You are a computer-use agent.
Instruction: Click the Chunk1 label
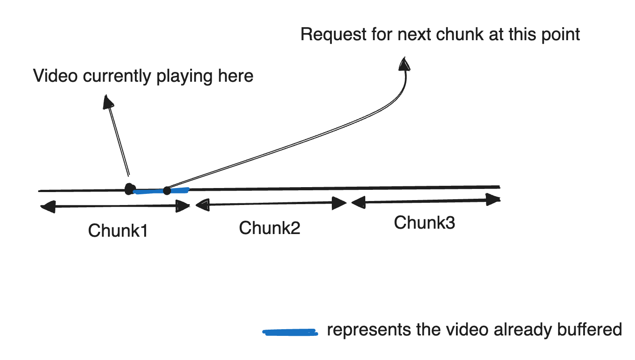pos(118,231)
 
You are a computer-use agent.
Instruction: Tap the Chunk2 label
pos(269,228)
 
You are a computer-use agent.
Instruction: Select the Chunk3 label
pos(424,222)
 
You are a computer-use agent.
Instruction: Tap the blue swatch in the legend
pos(290,332)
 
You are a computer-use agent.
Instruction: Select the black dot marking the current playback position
pos(130,189)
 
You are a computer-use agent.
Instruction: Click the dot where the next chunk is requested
pos(167,191)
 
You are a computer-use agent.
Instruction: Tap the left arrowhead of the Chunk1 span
pos(47,207)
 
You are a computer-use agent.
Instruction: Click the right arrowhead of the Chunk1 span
pos(184,206)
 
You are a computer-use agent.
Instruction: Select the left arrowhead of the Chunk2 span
pos(202,205)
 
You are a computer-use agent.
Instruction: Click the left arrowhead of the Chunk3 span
pos(358,203)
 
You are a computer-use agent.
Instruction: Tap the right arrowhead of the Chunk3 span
pos(493,200)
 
